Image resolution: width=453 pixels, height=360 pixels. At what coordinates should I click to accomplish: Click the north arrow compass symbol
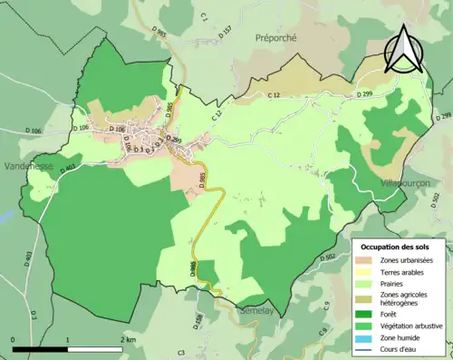(403, 49)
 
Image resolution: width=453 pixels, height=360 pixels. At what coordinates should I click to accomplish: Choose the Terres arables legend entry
(409, 271)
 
